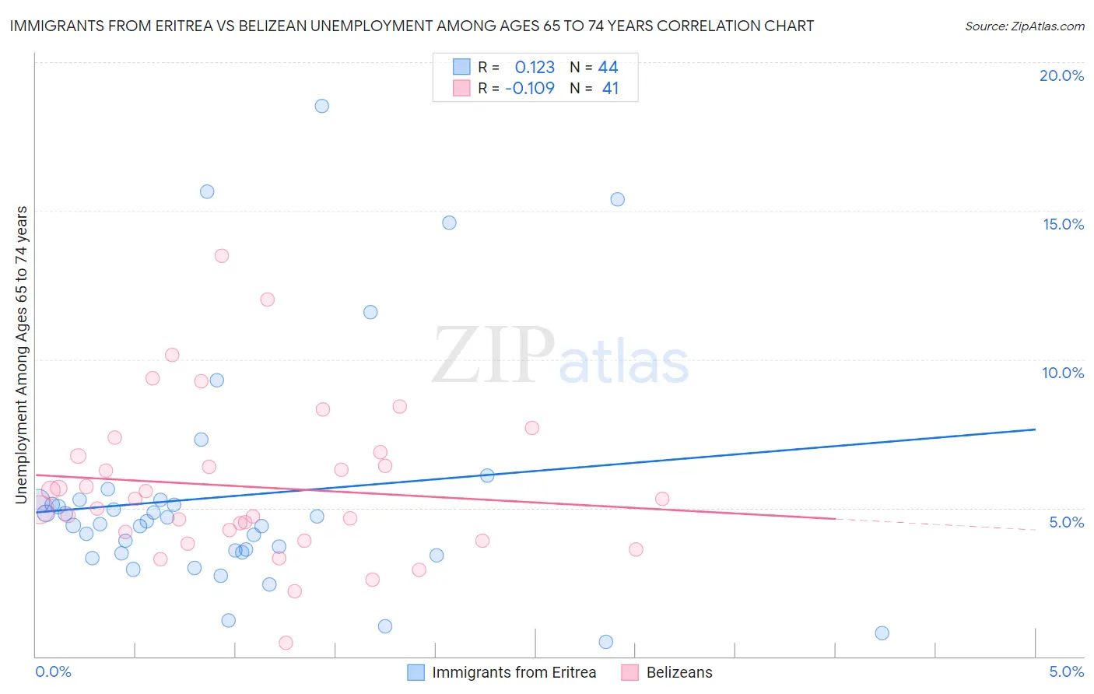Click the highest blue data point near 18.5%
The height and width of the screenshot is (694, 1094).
(321, 106)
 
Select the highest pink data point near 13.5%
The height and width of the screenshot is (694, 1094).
(222, 256)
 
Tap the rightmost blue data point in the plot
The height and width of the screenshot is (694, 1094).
(882, 633)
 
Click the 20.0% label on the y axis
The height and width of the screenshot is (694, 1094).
(1061, 75)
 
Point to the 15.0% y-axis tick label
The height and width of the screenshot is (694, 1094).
(1063, 224)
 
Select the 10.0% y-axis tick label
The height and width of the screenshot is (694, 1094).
(1063, 373)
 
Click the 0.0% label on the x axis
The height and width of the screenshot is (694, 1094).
(53, 671)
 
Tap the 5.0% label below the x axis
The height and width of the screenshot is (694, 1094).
(1066, 671)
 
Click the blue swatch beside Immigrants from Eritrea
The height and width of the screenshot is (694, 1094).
(416, 672)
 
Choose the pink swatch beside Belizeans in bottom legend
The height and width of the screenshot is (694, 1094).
(630, 672)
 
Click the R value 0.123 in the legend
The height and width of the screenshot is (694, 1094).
(535, 67)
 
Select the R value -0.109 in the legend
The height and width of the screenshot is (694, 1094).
(530, 88)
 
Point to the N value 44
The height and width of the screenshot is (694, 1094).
(608, 67)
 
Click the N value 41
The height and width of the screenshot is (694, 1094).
(610, 88)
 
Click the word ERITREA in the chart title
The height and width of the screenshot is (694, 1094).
(170, 26)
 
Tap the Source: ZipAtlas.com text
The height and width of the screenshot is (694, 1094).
(1024, 26)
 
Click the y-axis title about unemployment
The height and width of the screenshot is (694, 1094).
(21, 355)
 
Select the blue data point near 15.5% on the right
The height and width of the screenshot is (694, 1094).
(617, 199)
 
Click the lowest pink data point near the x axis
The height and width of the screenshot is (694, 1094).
(286, 643)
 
